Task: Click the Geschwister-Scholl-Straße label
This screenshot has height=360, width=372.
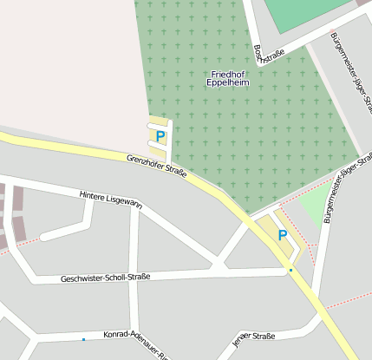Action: pyautogui.click(x=106, y=278)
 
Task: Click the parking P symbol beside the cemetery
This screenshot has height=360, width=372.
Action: pyautogui.click(x=160, y=135)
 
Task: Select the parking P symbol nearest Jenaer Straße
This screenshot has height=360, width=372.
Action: pyautogui.click(x=283, y=235)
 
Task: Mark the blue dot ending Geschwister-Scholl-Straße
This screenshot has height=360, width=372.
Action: pyautogui.click(x=290, y=271)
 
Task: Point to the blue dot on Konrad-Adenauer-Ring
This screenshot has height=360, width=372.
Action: pyautogui.click(x=83, y=339)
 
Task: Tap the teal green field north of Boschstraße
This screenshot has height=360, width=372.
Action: pyautogui.click(x=303, y=13)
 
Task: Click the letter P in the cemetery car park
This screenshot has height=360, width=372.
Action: pyautogui.click(x=160, y=135)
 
